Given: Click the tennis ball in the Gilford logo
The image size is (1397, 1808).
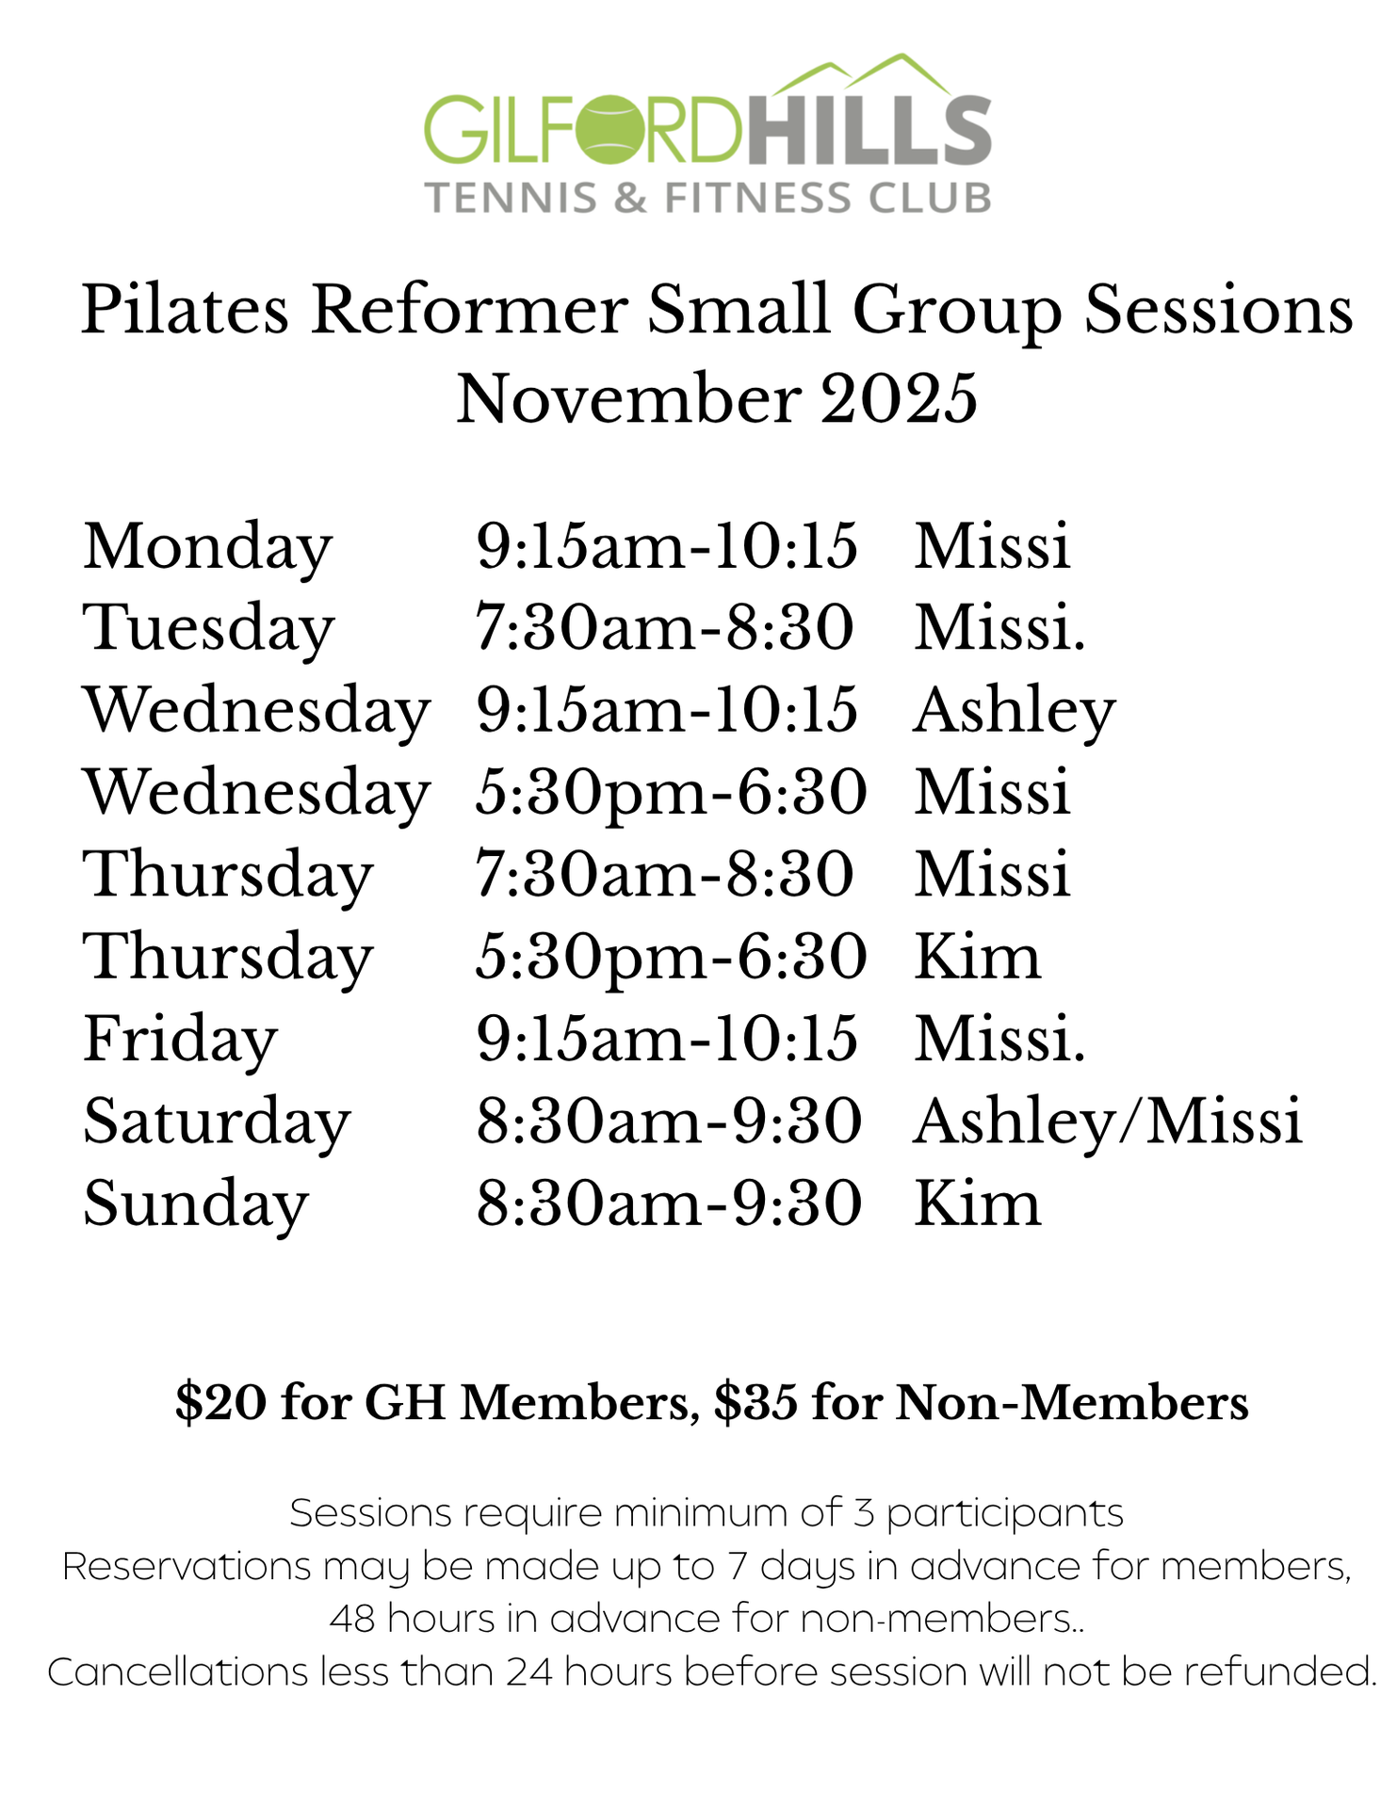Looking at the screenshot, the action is click(x=613, y=129).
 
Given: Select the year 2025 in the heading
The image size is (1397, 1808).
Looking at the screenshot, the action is click(x=899, y=398).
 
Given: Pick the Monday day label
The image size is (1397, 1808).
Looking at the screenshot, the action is click(x=208, y=547).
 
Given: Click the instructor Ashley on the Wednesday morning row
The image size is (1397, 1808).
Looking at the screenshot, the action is click(x=1015, y=711).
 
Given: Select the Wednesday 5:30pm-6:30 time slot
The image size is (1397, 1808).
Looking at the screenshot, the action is click(x=671, y=794).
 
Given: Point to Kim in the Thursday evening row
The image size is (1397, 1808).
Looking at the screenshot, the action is click(x=978, y=957).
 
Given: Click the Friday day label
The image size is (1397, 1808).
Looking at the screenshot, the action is click(x=181, y=1041).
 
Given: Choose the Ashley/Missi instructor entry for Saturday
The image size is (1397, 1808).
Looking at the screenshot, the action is click(x=1108, y=1122).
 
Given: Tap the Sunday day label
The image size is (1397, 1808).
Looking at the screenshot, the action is click(x=196, y=1205).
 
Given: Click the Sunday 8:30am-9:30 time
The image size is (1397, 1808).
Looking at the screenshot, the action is click(x=669, y=1203).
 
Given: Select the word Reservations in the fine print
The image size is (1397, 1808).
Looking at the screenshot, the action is click(x=187, y=1566).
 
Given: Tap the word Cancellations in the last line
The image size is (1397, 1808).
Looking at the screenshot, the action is click(x=178, y=1672).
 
